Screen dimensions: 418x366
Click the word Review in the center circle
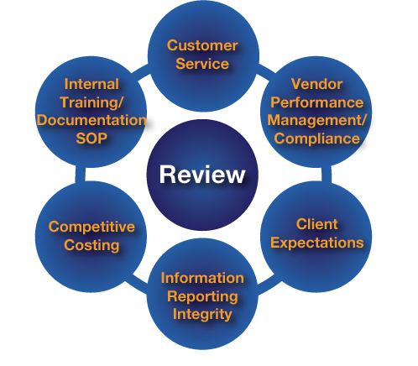(202, 175)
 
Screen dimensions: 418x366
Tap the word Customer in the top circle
(202, 45)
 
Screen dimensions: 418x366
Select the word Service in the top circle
(202, 64)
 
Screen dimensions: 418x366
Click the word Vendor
(316, 84)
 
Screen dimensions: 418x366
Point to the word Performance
(316, 102)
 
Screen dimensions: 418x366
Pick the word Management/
(316, 120)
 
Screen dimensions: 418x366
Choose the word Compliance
(316, 139)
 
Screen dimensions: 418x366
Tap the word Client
(316, 224)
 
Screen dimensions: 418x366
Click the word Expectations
(316, 243)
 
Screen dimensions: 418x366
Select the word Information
(202, 278)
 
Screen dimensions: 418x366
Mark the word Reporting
(202, 296)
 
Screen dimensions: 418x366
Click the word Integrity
(202, 314)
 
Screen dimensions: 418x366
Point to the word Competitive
(91, 227)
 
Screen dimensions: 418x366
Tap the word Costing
(91, 245)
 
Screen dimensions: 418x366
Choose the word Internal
(91, 84)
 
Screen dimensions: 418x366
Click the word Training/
(91, 102)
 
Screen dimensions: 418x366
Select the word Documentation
(91, 120)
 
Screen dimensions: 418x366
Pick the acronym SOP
(91, 139)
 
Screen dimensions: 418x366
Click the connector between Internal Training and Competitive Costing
(80, 174)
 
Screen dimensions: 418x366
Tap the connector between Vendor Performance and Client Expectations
(327, 174)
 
